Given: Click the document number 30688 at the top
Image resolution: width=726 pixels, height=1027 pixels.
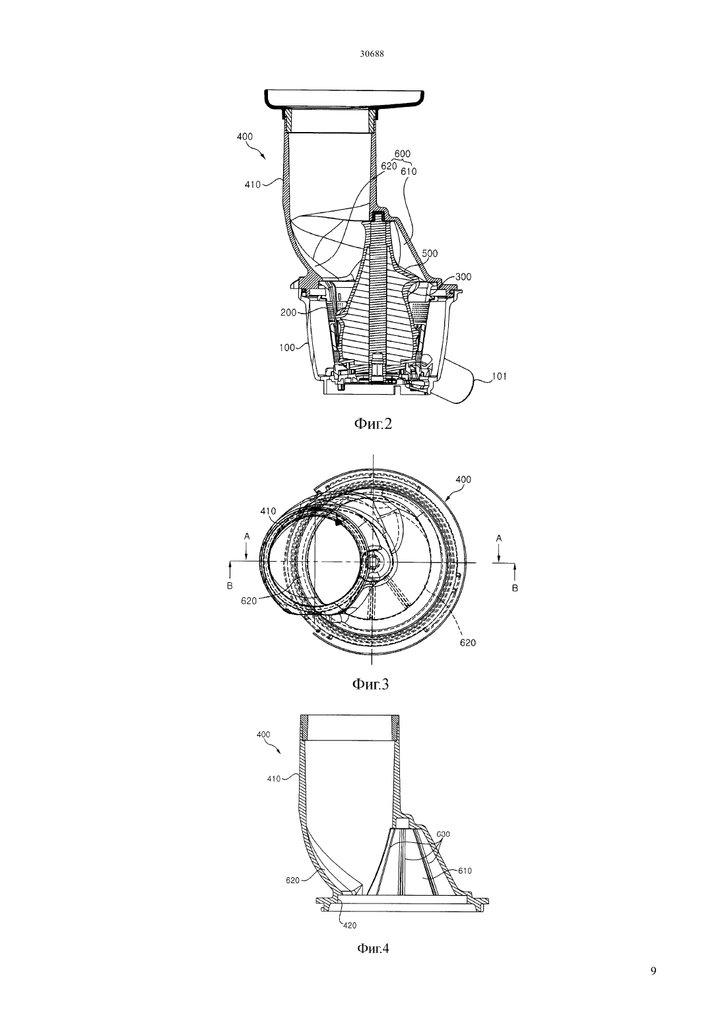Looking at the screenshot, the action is coord(371,54).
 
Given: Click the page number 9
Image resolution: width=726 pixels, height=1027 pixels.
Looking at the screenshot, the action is coord(653,971).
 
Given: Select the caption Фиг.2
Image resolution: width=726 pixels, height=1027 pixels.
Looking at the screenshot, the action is coord(373,424).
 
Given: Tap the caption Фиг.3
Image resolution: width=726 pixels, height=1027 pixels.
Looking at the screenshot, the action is coord(370,684).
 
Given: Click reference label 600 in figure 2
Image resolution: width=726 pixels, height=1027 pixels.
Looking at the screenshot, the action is coord(403,154).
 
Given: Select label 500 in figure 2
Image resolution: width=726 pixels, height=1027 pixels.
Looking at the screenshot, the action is coord(430,253).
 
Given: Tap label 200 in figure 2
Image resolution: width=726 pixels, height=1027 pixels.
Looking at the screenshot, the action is coord(288,313).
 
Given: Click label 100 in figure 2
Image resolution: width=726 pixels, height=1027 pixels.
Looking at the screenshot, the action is coord(287,348).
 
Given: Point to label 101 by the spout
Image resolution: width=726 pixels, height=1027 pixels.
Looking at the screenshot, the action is coord(499,376).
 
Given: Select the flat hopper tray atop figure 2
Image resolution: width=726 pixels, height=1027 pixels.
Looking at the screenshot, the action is coord(344,100).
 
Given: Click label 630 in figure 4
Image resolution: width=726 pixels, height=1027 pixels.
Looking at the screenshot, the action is coord(443,834).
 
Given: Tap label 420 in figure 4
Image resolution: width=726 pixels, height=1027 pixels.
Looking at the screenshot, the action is coord(350,925).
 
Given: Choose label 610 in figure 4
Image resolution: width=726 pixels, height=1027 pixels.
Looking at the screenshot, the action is coord(465,871).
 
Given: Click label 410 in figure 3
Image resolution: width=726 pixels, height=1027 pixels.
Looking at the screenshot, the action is coord(268,512).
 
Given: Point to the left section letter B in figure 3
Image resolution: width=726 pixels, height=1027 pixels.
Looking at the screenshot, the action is coord(230,586).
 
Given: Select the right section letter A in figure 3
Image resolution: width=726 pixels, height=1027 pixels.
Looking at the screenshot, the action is coord(499,539).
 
